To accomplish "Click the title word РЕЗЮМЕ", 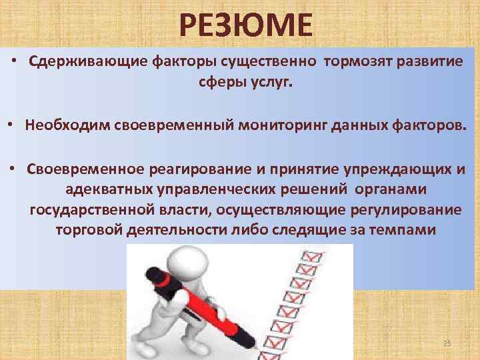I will click(x=245, y=26).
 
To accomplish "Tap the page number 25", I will click(x=447, y=343).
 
